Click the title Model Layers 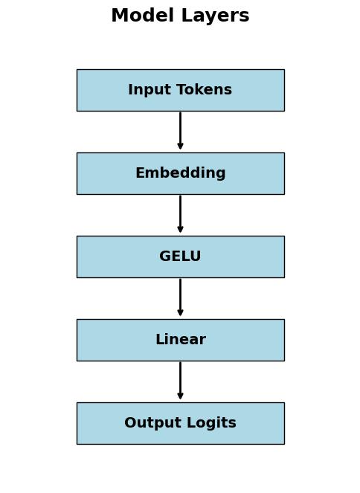tap(180, 16)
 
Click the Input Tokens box tap(180, 90)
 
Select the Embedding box tap(180, 173)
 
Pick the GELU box tap(180, 257)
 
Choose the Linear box tap(180, 340)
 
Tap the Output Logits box tap(180, 423)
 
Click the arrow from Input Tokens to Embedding tap(180, 130)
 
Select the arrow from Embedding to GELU tap(180, 213)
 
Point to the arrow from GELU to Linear tap(180, 297)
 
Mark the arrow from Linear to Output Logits tap(180, 380)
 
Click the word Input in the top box tap(146, 90)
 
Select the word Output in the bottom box tap(149, 423)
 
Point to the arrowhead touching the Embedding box tap(180, 146)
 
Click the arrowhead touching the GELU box tap(180, 230)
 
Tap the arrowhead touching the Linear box tap(180, 313)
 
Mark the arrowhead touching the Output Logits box tap(180, 396)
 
